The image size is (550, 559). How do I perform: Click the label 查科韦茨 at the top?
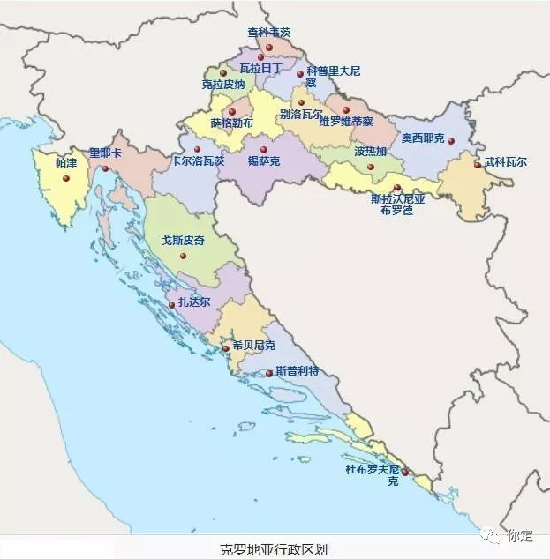pyautogui.click(x=268, y=33)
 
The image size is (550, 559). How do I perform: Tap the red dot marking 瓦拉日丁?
pyautogui.click(x=260, y=57)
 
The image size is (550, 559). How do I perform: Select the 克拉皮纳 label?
pyautogui.click(x=223, y=86)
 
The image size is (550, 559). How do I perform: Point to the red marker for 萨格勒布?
pyautogui.click(x=232, y=112)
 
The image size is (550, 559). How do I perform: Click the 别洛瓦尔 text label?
pyautogui.click(x=301, y=115)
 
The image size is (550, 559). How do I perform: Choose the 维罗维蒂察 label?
pyautogui.click(x=346, y=121)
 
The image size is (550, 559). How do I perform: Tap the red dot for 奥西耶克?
pyautogui.click(x=451, y=140)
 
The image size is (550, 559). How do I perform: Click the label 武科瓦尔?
pyautogui.click(x=506, y=162)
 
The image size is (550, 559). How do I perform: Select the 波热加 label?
pyautogui.click(x=371, y=152)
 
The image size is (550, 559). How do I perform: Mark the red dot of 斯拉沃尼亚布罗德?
pyautogui.click(x=397, y=188)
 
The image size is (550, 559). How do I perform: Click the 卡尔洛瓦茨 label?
pyautogui.click(x=198, y=161)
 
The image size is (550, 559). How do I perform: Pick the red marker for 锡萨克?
pyautogui.click(x=263, y=150)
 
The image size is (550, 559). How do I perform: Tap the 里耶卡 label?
pyautogui.click(x=105, y=153)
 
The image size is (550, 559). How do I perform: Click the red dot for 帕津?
pyautogui.click(x=66, y=178)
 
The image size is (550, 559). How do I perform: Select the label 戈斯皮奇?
pyautogui.click(x=183, y=240)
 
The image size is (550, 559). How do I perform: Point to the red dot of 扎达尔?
pyautogui.click(x=172, y=305)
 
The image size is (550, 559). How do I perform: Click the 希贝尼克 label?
pyautogui.click(x=253, y=345)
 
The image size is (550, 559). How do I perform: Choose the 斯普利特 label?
pyautogui.click(x=297, y=371)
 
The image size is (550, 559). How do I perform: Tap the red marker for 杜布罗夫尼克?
pyautogui.click(x=405, y=473)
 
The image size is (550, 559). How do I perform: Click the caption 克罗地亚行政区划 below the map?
pyautogui.click(x=274, y=548)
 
